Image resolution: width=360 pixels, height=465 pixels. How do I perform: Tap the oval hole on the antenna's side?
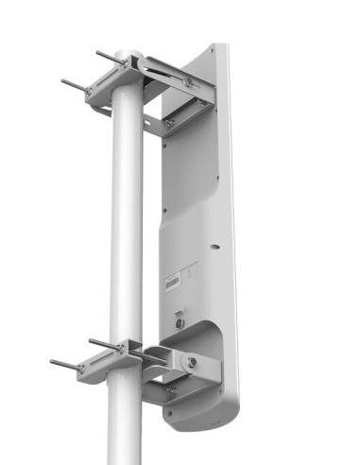(213, 245)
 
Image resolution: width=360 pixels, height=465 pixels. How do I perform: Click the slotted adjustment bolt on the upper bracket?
(189, 82)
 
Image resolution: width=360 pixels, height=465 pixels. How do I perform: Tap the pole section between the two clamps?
(127, 217)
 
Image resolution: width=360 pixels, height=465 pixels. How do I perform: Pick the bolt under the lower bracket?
(171, 389)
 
